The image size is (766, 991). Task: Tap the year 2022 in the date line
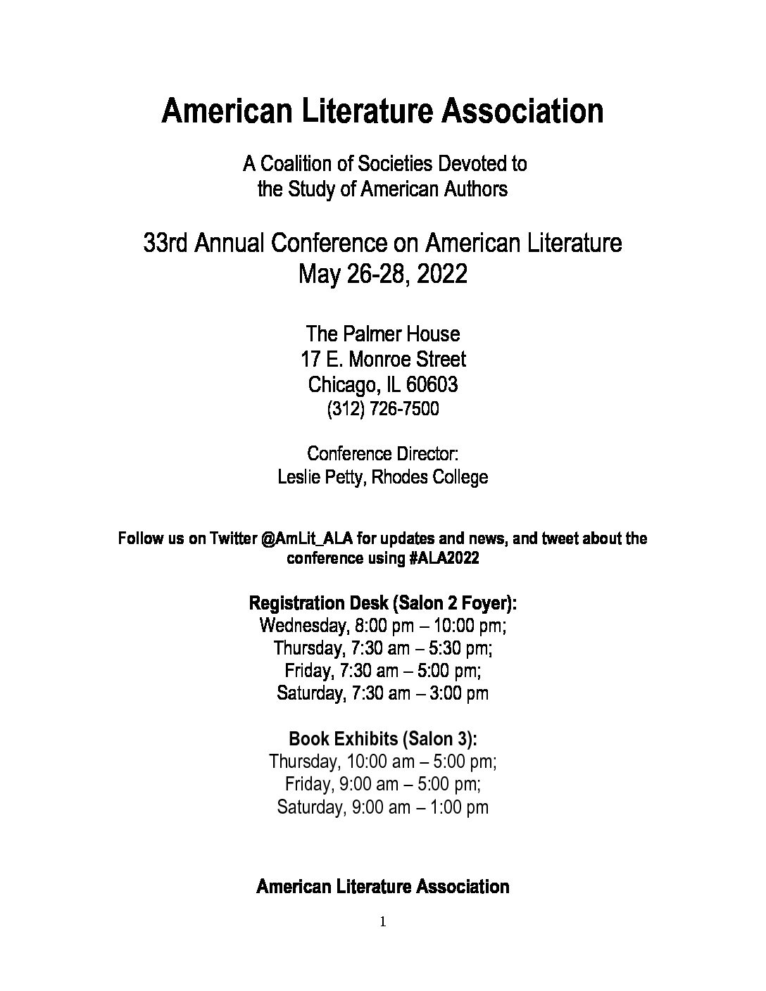pyautogui.click(x=441, y=274)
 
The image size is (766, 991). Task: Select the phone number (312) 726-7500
pyautogui.click(x=383, y=409)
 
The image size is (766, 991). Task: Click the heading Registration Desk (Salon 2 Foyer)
pyautogui.click(x=383, y=603)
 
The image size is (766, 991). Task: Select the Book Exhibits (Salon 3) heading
pyautogui.click(x=383, y=739)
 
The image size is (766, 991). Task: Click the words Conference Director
pyautogui.click(x=383, y=453)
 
